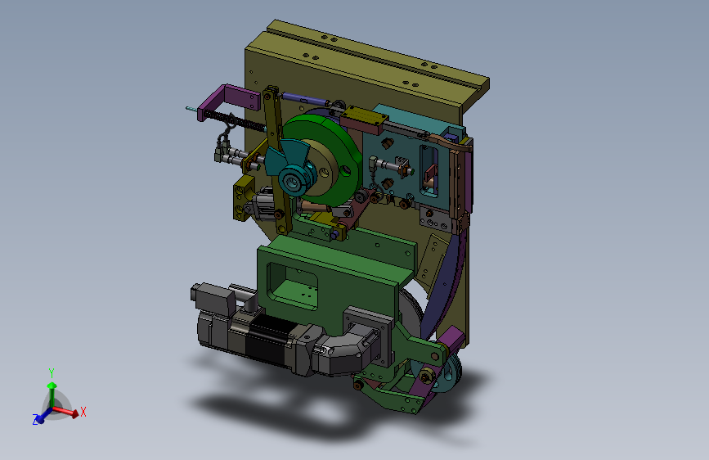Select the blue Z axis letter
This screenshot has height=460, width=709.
[35, 419]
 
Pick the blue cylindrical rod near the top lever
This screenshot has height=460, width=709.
[302, 99]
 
